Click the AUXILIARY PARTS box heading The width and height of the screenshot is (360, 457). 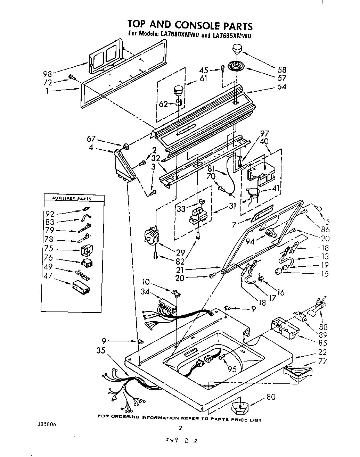pyautogui.click(x=72, y=198)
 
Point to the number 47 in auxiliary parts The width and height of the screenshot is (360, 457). pyautogui.click(x=48, y=276)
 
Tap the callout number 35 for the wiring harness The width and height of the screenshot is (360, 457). pyautogui.click(x=100, y=350)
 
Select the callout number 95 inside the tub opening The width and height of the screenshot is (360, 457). pyautogui.click(x=232, y=369)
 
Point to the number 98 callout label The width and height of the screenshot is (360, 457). pyautogui.click(x=48, y=74)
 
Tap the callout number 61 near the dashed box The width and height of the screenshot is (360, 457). pyautogui.click(x=203, y=79)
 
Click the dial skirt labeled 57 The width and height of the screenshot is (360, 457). pyautogui.click(x=237, y=66)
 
